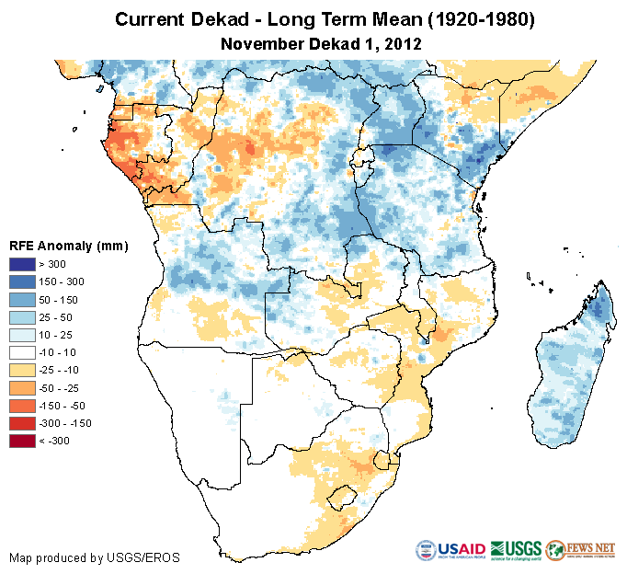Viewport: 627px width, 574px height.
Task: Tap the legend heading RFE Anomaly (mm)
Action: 68,246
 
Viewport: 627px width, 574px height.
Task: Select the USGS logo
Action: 515,550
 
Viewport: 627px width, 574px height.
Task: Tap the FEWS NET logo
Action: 581,550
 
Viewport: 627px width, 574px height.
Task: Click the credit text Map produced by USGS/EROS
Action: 94,557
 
